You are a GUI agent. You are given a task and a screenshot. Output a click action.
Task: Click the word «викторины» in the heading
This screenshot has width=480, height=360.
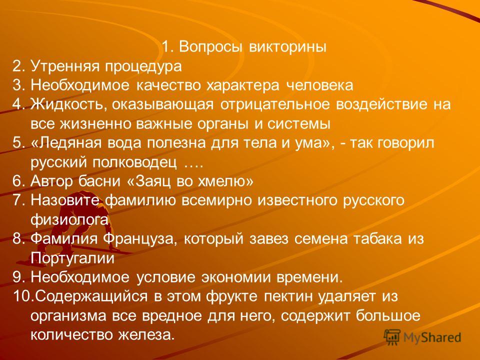pos(288,47)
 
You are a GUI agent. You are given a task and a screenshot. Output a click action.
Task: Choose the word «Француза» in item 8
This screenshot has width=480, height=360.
pos(139,239)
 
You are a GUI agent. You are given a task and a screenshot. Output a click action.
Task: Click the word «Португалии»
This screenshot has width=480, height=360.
pos(72,258)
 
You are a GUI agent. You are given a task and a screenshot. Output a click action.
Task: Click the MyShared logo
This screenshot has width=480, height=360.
pos(422,337)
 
